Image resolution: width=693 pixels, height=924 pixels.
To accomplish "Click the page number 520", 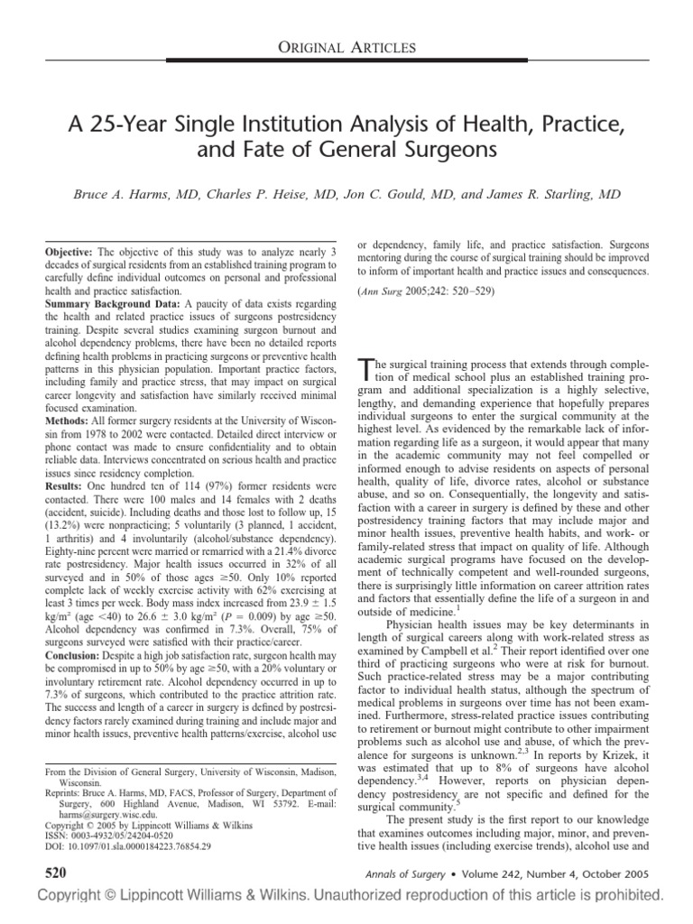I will click(42, 873).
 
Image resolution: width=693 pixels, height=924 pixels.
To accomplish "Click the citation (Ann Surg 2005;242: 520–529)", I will click(428, 291).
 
